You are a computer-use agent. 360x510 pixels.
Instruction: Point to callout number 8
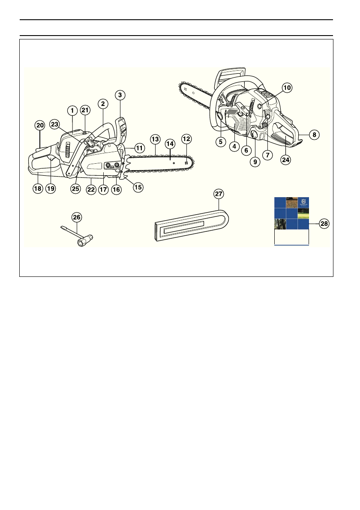tap(314, 135)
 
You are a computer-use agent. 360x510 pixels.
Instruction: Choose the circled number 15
tap(138, 187)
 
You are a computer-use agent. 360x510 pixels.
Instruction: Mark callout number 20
tap(40, 126)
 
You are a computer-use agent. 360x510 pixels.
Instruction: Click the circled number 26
tap(77, 217)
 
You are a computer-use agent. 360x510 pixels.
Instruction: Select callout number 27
tap(219, 194)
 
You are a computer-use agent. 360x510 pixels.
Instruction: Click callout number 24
tap(285, 159)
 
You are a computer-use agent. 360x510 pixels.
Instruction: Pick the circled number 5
tap(220, 141)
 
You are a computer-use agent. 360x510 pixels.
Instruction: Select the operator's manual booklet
tap(291, 221)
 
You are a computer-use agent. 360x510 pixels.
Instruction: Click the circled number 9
tap(255, 162)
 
